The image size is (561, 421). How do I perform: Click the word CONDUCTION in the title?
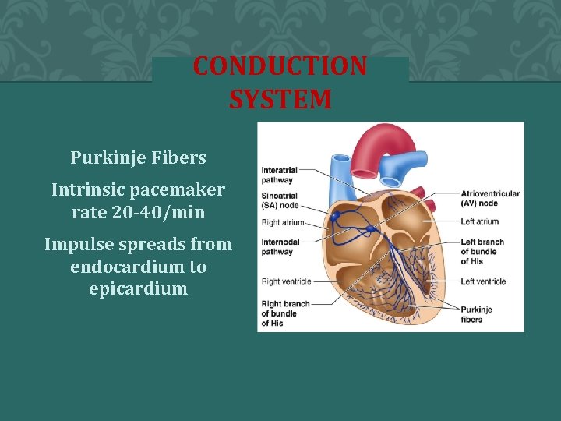pos(280,66)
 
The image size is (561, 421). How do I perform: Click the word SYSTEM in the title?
pos(280,100)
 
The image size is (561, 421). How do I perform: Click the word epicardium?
pos(138,288)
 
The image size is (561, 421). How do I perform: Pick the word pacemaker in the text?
pos(180,189)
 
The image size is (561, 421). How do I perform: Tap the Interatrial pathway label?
pos(277,175)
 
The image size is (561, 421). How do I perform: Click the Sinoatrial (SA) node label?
pos(280,202)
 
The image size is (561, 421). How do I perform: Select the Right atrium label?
pos(282,222)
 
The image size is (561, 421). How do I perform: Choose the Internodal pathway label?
pos(277,246)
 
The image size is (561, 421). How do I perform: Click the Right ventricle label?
pos(285,281)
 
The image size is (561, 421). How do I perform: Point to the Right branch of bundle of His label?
pos(285,313)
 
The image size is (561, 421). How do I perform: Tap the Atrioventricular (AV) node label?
pos(490,198)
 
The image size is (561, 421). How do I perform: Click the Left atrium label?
pos(479,221)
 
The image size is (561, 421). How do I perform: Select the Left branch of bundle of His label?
pos(482,252)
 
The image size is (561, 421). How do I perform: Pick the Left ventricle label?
pos(483,281)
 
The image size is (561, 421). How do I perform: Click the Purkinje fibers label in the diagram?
pos(476,314)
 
